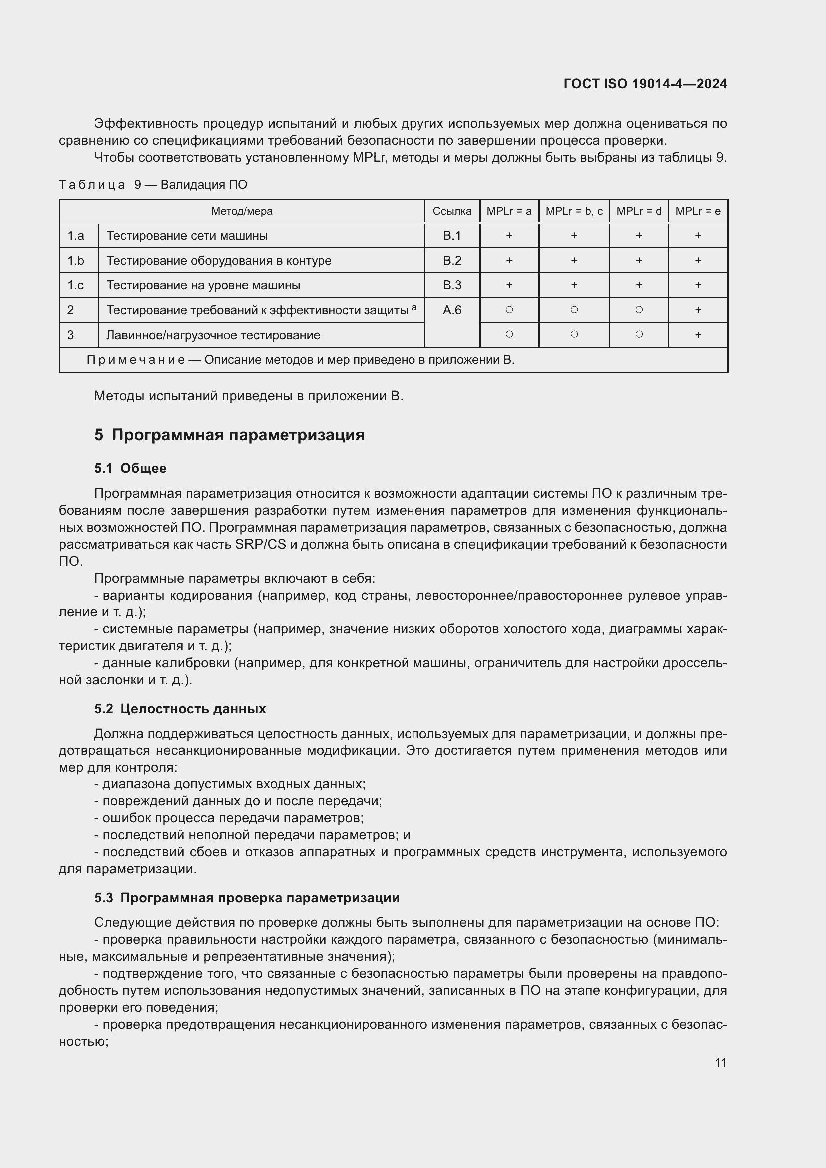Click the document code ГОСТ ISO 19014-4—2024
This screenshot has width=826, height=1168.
pyautogui.click(x=645, y=84)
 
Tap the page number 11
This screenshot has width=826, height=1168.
pyautogui.click(x=720, y=1062)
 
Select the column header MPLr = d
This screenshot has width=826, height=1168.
pyautogui.click(x=639, y=211)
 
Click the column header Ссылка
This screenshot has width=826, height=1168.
pyautogui.click(x=451, y=211)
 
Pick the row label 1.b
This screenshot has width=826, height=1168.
pyautogui.click(x=76, y=261)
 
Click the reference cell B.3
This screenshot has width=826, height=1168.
pyautogui.click(x=451, y=285)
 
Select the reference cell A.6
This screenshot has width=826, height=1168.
pyautogui.click(x=451, y=310)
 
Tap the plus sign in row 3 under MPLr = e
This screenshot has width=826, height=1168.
pyautogui.click(x=698, y=335)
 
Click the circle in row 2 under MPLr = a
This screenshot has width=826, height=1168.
pyautogui.click(x=509, y=309)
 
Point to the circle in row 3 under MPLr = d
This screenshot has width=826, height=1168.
pyautogui.click(x=639, y=334)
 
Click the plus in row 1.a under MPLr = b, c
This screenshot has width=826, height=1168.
pyautogui.click(x=574, y=236)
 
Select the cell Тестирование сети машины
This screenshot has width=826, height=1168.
pyautogui.click(x=187, y=236)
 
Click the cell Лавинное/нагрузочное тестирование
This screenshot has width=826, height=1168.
pyautogui.click(x=213, y=335)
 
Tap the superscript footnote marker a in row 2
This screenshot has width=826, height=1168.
pyautogui.click(x=414, y=307)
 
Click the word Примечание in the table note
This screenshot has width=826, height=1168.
pyautogui.click(x=136, y=360)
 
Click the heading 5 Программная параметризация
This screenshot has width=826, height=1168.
pyautogui.click(x=229, y=435)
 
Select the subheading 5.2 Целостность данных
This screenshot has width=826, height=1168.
pyautogui.click(x=180, y=709)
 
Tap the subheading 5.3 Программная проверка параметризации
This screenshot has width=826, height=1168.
pyautogui.click(x=247, y=898)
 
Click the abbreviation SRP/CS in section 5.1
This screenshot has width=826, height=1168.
pyautogui.click(x=260, y=544)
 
